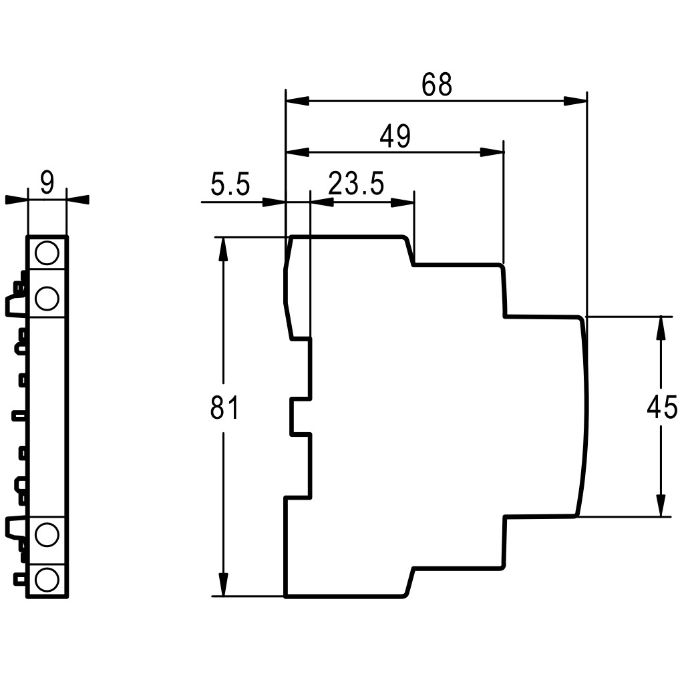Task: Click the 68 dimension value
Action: click(437, 84)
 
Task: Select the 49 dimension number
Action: click(395, 136)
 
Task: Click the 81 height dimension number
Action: click(224, 407)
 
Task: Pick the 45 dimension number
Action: click(662, 407)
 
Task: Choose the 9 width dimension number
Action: click(47, 183)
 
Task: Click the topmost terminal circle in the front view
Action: click(47, 253)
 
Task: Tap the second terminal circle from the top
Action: click(47, 299)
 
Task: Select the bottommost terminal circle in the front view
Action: click(47, 580)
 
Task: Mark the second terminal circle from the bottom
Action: click(47, 534)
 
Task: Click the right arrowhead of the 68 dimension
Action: click(575, 102)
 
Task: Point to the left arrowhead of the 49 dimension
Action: click(297, 152)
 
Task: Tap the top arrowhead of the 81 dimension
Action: click(224, 249)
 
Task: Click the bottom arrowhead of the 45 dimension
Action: click(661, 505)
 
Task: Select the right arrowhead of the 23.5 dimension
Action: click(402, 202)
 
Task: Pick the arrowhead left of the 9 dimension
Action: click(16, 199)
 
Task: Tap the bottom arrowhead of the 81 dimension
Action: click(224, 584)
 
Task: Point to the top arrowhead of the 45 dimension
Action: click(661, 328)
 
